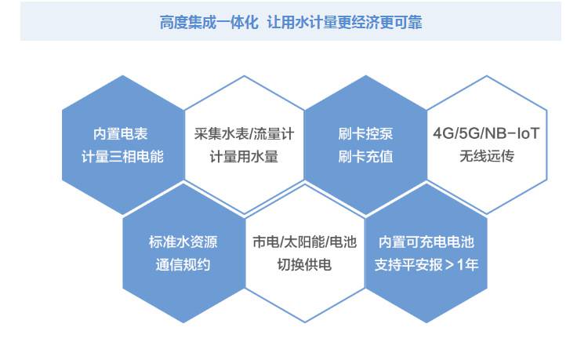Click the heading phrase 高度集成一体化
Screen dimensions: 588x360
click(x=209, y=23)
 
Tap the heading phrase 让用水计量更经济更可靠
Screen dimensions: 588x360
click(x=345, y=23)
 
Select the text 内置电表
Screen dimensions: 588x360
click(x=121, y=134)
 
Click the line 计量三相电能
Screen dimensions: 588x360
click(x=122, y=156)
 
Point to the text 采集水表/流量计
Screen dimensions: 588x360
click(x=244, y=134)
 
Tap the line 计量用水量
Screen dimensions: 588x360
click(x=244, y=156)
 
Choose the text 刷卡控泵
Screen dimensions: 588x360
click(x=365, y=134)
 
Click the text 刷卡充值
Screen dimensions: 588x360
click(x=365, y=156)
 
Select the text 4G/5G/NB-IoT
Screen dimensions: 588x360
click(x=486, y=133)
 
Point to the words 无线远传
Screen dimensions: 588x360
click(x=487, y=156)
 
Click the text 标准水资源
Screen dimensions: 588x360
click(x=183, y=242)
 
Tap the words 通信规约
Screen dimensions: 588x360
click(x=183, y=265)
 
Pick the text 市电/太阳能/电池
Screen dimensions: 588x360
click(x=304, y=242)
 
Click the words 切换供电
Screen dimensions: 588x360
click(x=304, y=265)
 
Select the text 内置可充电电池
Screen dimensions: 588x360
click(x=426, y=242)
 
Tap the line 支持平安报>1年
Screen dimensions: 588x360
click(x=426, y=265)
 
